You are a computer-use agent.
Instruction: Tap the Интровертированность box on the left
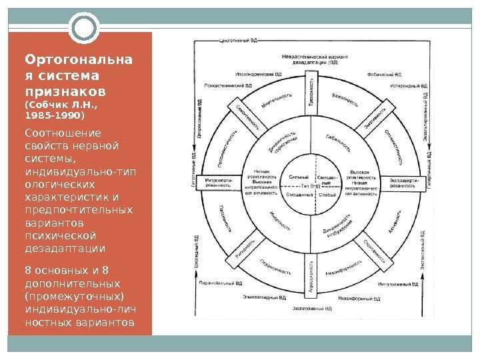219,183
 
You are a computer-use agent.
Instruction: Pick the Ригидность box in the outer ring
245,247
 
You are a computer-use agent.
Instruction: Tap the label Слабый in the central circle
327,195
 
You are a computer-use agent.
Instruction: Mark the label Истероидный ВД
408,86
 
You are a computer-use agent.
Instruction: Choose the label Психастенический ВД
228,86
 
